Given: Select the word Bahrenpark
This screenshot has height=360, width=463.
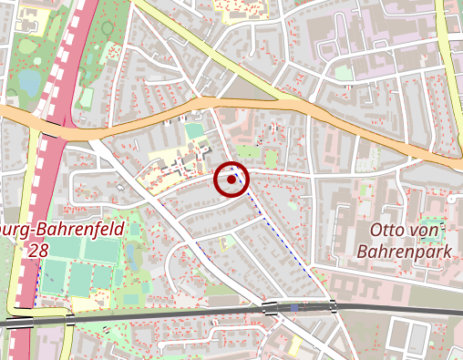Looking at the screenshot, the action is (x=404, y=249).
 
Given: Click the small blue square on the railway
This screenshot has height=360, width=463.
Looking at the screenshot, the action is (x=294, y=308).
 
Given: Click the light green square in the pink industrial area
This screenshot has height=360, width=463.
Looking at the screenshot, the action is (x=343, y=72).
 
